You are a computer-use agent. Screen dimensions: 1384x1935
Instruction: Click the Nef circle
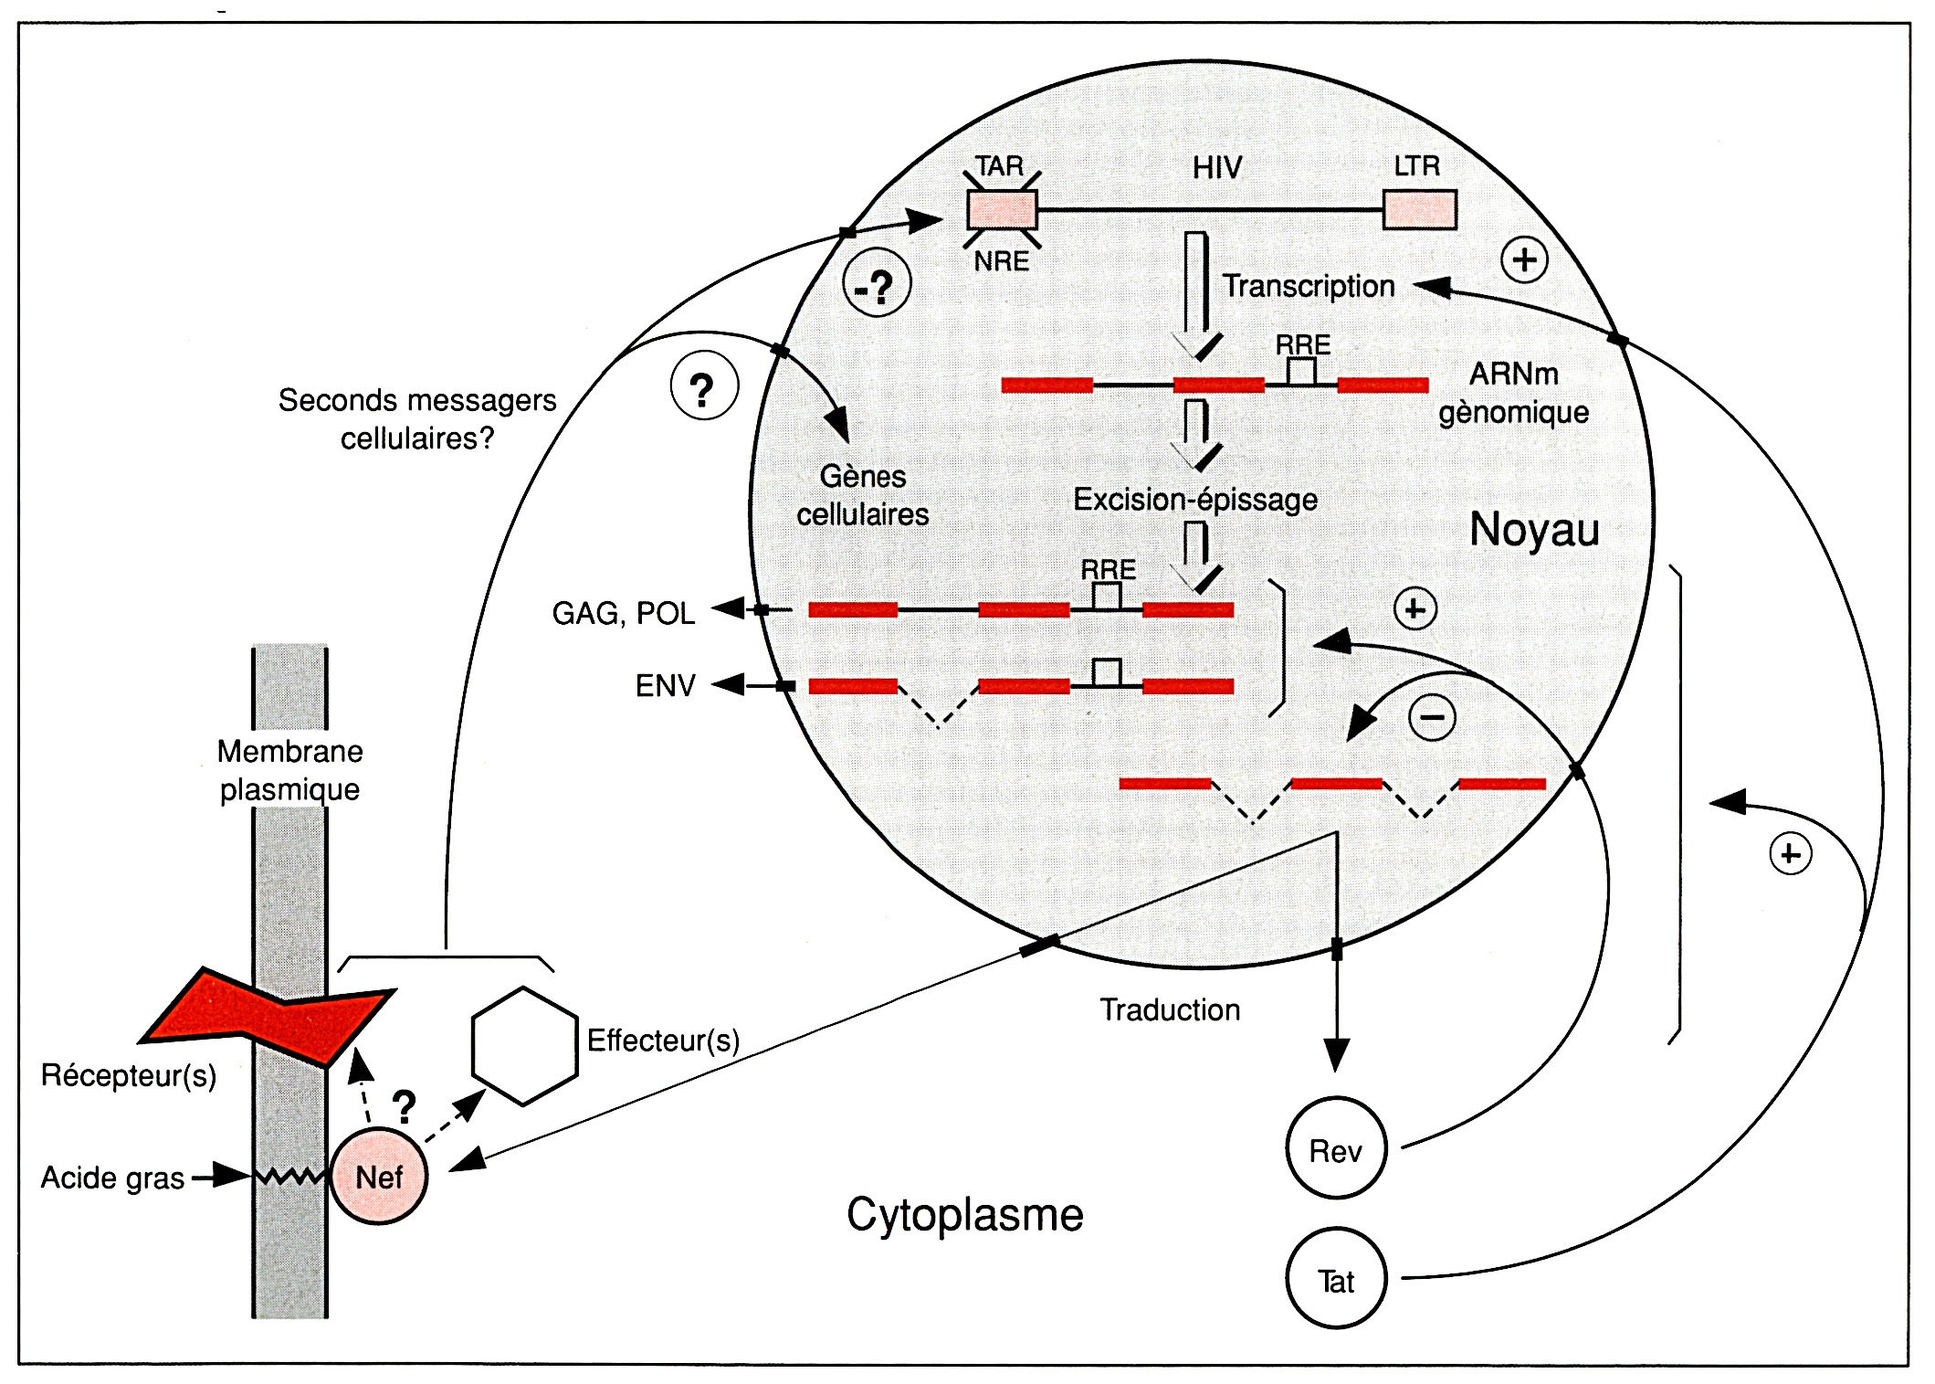[x=379, y=1177]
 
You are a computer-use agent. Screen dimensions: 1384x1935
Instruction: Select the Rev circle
[x=1336, y=1149]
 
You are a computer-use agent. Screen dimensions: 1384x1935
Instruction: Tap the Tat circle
[x=1336, y=1280]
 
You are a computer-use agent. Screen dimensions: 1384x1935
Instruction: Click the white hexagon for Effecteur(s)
[x=524, y=1045]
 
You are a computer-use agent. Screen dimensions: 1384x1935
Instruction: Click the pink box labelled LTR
[x=1419, y=209]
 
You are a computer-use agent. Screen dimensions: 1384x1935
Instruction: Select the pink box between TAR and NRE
[x=1002, y=209]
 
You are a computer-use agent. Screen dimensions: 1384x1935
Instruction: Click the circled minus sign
[x=1432, y=717]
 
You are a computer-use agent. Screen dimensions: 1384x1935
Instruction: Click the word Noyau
[x=1534, y=530]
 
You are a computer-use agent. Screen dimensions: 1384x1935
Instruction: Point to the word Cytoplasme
[x=964, y=1215]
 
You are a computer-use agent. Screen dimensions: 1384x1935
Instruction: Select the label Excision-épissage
[x=1194, y=500]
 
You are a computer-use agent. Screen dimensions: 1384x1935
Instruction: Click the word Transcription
[x=1309, y=286]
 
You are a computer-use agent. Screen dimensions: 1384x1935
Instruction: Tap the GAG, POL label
[x=624, y=613]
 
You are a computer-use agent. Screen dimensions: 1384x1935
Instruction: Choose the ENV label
[x=665, y=685]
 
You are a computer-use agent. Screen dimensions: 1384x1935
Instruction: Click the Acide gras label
[x=112, y=1178]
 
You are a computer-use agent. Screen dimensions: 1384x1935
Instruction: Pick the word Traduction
[x=1170, y=1009]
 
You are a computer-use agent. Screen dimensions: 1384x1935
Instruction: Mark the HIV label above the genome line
[x=1217, y=167]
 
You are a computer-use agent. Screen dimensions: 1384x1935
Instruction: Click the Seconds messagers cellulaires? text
[x=417, y=419]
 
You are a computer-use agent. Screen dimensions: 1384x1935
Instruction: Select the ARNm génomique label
[x=1513, y=393]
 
